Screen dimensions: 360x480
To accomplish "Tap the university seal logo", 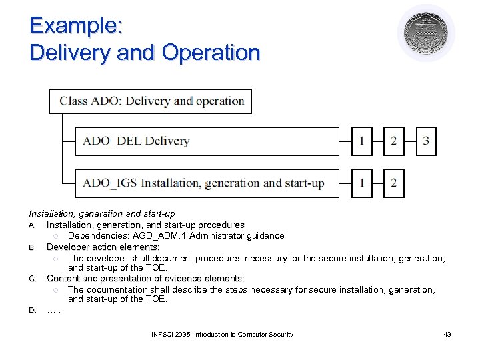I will (426, 33).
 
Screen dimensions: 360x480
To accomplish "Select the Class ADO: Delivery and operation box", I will (151, 101).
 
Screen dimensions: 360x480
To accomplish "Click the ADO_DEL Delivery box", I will (207, 141).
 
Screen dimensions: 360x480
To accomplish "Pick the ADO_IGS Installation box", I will (207, 183).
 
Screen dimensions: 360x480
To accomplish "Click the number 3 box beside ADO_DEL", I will (426, 141).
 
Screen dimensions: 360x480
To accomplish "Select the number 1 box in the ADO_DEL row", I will (362, 141).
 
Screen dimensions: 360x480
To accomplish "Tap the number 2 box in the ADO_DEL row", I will (394, 141).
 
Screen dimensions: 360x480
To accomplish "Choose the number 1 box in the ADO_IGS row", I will (362, 183).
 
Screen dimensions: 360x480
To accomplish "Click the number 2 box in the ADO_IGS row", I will (394, 183).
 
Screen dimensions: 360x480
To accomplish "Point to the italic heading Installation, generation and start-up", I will (102, 214).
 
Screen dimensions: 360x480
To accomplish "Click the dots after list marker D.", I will (53, 311).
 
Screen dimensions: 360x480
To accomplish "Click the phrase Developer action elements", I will (103, 247).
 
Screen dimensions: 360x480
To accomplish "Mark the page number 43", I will (447, 334).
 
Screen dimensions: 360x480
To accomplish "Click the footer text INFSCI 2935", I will (171, 334).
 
